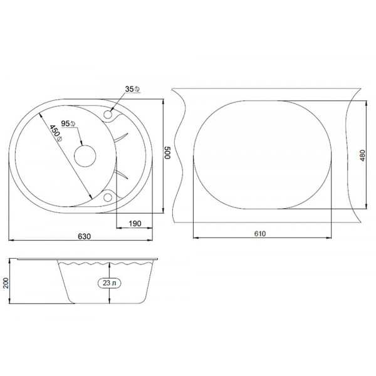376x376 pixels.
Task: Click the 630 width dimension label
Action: tap(85, 236)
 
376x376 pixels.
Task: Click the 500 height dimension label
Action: tap(167, 152)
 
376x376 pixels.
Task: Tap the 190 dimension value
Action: tap(135, 224)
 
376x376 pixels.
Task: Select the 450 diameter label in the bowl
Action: tap(56, 133)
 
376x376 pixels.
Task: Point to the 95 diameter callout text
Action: tap(68, 123)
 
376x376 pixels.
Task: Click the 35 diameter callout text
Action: tap(133, 89)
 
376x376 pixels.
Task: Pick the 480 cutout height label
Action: tap(362, 155)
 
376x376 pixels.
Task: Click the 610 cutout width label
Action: tap(260, 234)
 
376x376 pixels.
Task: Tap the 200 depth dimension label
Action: tap(6, 283)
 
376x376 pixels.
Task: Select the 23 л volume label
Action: tap(109, 283)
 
